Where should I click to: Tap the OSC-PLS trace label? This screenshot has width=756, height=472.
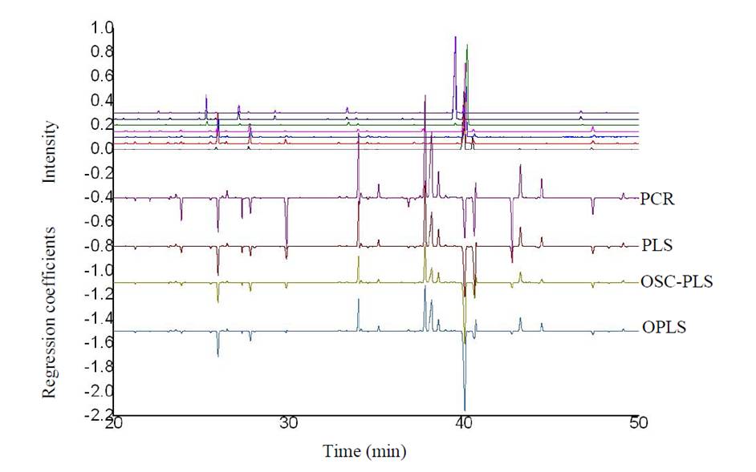tap(677, 281)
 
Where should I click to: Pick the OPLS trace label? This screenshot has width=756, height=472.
tap(664, 328)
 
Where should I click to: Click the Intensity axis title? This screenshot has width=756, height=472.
tap(51, 151)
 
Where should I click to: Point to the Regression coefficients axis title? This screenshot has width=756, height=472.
tap(49, 312)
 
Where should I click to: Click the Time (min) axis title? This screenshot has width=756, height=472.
tap(364, 451)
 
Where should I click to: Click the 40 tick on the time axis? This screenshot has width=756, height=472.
tap(463, 424)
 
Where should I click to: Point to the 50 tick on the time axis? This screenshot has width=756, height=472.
tap(637, 424)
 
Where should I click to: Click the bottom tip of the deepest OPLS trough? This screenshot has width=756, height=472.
tap(465, 410)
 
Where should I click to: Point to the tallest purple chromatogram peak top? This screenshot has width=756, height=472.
tap(455, 37)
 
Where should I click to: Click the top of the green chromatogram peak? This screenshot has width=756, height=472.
tap(467, 46)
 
